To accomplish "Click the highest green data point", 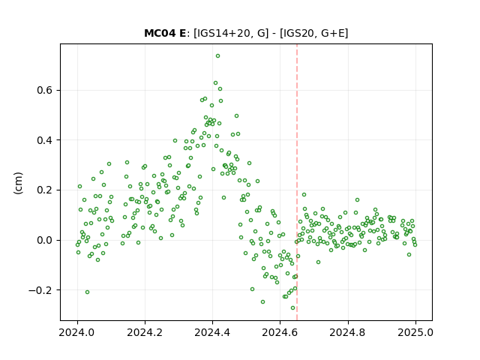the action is (217, 56).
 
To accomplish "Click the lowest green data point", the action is (293, 308).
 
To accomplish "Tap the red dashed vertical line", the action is (297, 182).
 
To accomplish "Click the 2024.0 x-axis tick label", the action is (77, 332).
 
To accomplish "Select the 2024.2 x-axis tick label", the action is (145, 332).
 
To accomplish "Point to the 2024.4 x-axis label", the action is (212, 332).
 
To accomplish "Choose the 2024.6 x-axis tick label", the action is (280, 332).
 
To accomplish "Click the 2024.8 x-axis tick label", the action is (348, 332).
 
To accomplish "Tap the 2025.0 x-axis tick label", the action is (415, 332).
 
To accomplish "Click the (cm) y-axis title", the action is (18, 183).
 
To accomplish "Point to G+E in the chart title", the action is (333, 33).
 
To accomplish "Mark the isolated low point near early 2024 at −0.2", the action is (87, 292).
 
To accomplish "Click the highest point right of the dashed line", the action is (304, 195).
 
